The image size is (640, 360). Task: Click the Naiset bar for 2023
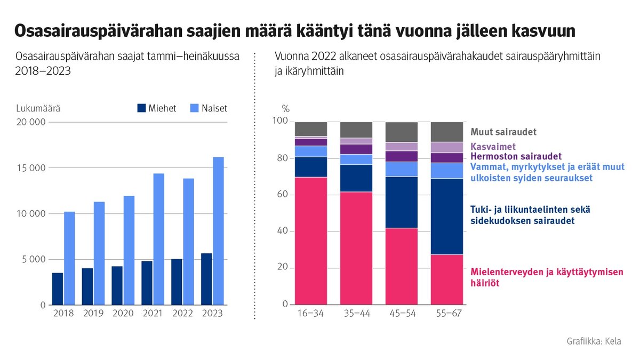point(218,231)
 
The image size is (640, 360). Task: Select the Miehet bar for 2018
point(57,289)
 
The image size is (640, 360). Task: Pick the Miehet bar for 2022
point(177,282)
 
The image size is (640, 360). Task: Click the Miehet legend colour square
point(141,108)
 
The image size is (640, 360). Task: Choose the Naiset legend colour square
point(195,108)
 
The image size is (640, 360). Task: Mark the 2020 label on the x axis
point(123,314)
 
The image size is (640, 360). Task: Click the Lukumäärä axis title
point(38,108)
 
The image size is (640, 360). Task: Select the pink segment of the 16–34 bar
point(310,241)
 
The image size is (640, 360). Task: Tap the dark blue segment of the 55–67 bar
point(447,217)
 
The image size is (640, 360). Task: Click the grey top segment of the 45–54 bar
point(402,132)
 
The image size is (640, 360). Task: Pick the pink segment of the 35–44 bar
point(356,249)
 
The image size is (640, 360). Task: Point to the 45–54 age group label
point(402,314)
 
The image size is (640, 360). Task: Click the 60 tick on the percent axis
point(283,195)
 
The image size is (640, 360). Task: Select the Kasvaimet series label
point(493,146)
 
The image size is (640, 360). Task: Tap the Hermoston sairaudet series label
point(516,156)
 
